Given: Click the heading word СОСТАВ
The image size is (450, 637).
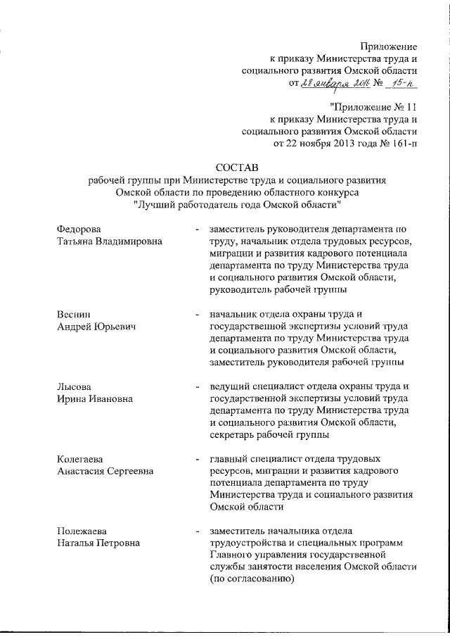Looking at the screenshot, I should pyautogui.click(x=238, y=167).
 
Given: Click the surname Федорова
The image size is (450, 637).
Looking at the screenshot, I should pyautogui.click(x=79, y=229).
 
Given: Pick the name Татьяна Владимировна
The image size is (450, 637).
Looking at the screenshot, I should pyautogui.click(x=109, y=241).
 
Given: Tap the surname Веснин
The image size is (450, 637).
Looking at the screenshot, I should pyautogui.click(x=74, y=314).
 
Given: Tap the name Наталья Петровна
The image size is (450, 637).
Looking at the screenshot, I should pyautogui.click(x=98, y=543).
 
